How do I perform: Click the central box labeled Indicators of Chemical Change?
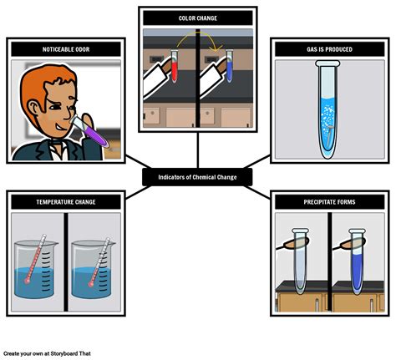pyautogui.click(x=197, y=177)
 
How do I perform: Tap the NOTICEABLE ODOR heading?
pyautogui.click(x=66, y=49)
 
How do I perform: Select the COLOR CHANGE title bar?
pyautogui.click(x=198, y=18)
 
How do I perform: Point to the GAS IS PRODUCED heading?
pyautogui.click(x=330, y=49)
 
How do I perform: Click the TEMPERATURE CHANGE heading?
pyautogui.click(x=66, y=202)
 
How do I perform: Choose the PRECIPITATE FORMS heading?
pyautogui.click(x=330, y=202)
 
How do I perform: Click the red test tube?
pyautogui.click(x=174, y=66)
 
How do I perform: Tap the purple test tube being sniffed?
pyautogui.click(x=89, y=131)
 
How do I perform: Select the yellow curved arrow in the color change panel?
pyautogui.click(x=198, y=33)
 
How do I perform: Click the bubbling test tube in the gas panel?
pyautogui.click(x=327, y=109)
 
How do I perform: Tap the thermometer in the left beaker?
pyautogui.click(x=35, y=259)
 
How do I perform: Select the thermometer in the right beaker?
pyautogui.click(x=99, y=262)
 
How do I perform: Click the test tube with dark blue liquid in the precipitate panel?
pyautogui.click(x=357, y=261)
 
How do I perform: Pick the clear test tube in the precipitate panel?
pyautogui.click(x=300, y=261)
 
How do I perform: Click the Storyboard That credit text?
pyautogui.click(x=47, y=353)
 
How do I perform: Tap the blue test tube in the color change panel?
pyautogui.click(x=229, y=66)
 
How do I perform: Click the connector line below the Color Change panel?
pyautogui.click(x=198, y=150)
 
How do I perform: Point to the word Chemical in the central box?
pyautogui.click(x=204, y=177)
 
